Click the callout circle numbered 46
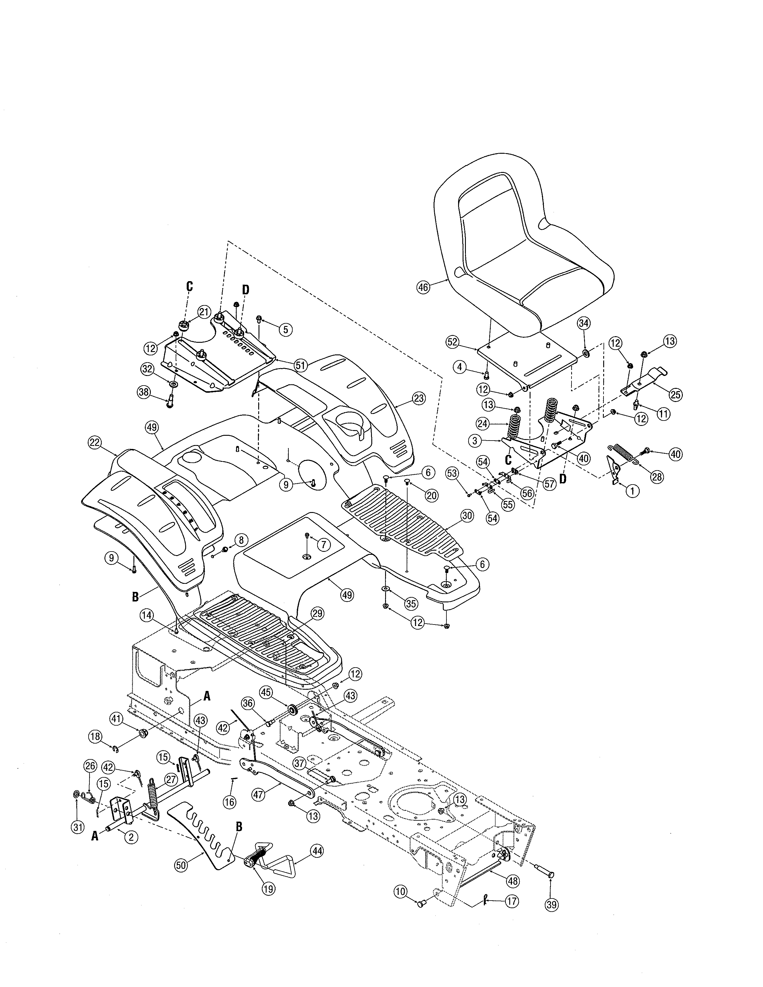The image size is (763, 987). tap(423, 287)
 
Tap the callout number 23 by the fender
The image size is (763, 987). tap(419, 398)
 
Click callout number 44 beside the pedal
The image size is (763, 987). tap(317, 851)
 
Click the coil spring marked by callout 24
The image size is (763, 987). tap(514, 427)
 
